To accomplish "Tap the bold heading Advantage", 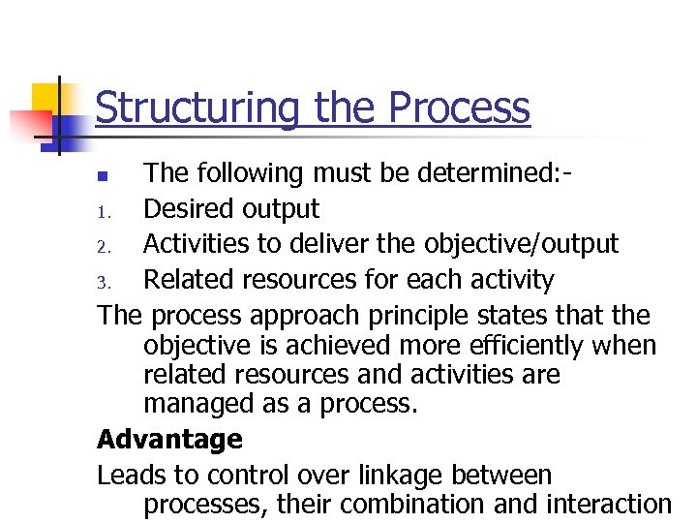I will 169,440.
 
